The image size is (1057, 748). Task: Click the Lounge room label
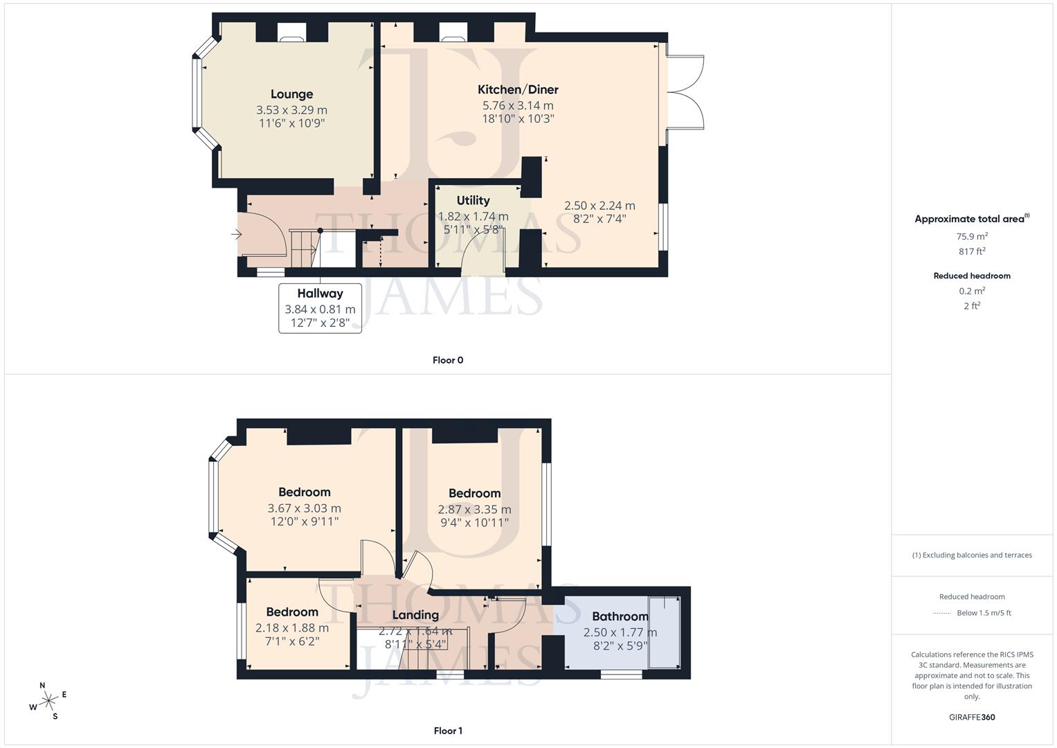[x=291, y=94]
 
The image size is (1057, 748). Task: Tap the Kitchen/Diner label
[x=518, y=89]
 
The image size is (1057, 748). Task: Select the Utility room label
[x=473, y=200]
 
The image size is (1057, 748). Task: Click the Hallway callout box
[x=320, y=308]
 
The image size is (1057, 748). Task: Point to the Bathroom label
[x=620, y=616]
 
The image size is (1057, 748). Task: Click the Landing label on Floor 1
[x=415, y=615]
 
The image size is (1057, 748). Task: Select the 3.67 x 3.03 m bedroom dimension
[x=304, y=508]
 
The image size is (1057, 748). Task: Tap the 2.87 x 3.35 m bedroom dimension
[x=474, y=510]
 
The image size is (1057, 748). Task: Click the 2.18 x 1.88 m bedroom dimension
[x=291, y=628]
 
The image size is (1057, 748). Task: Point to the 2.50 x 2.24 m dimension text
[x=599, y=206]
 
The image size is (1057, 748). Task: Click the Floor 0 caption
[x=448, y=360]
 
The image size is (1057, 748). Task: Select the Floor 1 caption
[x=448, y=731]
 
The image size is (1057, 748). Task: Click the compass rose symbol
[x=48, y=701]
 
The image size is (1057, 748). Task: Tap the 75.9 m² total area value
[x=972, y=236]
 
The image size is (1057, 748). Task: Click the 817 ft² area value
[x=972, y=251]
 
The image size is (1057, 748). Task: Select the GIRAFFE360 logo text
[x=972, y=717]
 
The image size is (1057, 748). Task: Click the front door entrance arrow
[x=236, y=235]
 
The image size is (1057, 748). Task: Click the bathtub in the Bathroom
[x=664, y=632]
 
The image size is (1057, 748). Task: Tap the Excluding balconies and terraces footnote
[x=972, y=555]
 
